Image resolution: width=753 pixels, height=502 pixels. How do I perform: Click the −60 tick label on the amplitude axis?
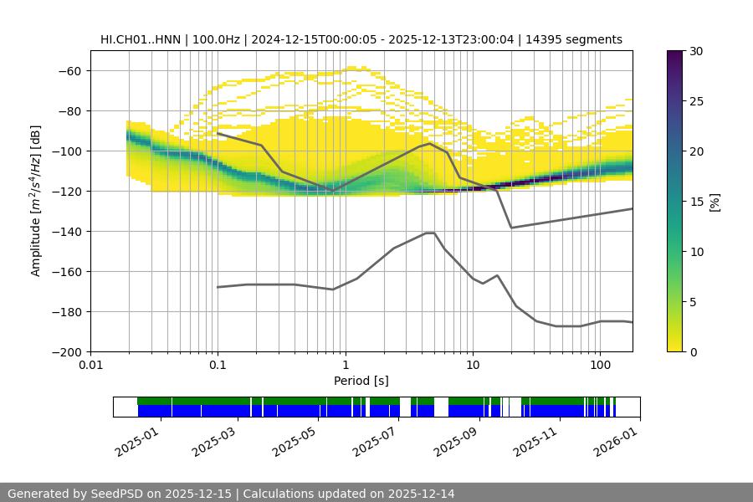click(70, 70)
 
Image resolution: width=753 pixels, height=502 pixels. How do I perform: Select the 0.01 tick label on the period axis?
click(90, 366)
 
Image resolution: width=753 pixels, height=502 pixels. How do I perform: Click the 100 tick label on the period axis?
click(600, 366)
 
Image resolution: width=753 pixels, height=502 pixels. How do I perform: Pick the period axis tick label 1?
click(345, 366)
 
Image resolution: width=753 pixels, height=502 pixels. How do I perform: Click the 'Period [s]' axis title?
click(361, 381)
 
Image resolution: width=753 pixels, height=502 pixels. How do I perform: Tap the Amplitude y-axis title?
click(36, 201)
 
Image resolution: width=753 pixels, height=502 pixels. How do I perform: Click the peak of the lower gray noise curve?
click(430, 233)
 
